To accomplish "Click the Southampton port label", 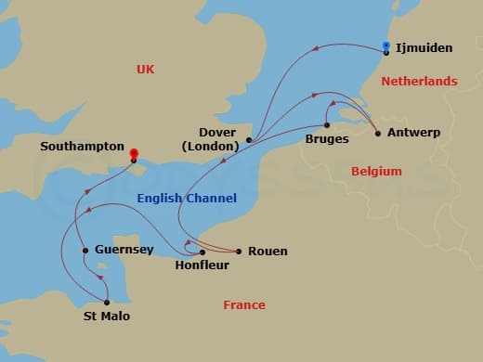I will [82, 147].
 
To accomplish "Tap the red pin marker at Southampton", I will [134, 154].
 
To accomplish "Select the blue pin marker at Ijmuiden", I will [386, 45].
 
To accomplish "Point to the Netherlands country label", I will [419, 82].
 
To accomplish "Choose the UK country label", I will [145, 69].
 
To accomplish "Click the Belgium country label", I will [376, 172].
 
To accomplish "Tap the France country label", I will [243, 305].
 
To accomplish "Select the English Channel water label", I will [187, 199].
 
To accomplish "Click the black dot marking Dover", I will [249, 140].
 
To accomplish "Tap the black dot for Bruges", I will [327, 124].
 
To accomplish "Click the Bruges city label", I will [327, 139].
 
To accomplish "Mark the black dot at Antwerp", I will [377, 134].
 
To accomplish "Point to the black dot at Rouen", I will [239, 252].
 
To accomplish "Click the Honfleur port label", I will [202, 265].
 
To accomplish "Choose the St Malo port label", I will [106, 317].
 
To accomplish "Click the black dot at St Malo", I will [107, 302].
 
